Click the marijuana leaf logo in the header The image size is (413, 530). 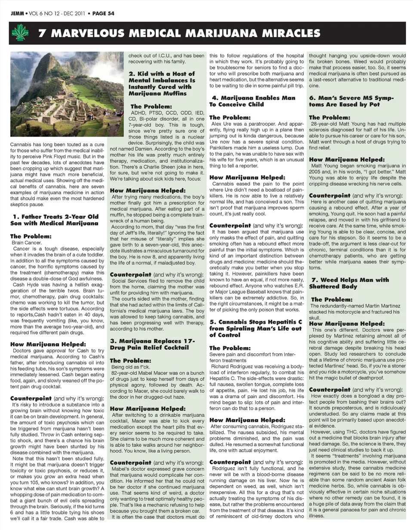pyautogui.click(x=20, y=33)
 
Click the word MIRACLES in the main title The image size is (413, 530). pyautogui.click(x=288, y=33)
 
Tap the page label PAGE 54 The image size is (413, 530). pyautogui.click(x=103, y=13)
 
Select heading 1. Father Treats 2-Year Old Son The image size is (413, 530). pyautogui.click(x=55, y=220)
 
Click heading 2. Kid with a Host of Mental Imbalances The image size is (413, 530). pyautogui.click(x=162, y=83)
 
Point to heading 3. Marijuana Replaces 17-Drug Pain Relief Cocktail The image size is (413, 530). pyautogui.click(x=152, y=344)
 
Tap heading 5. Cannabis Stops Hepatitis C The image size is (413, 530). pyautogui.click(x=256, y=328)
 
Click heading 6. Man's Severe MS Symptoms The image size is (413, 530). pyautogui.click(x=351, y=101)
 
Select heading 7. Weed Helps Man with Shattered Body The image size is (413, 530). pyautogui.click(x=348, y=283)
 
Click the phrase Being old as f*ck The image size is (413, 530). pyautogui.click(x=128, y=367)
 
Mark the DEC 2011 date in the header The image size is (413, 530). pyautogui.click(x=74, y=13)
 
